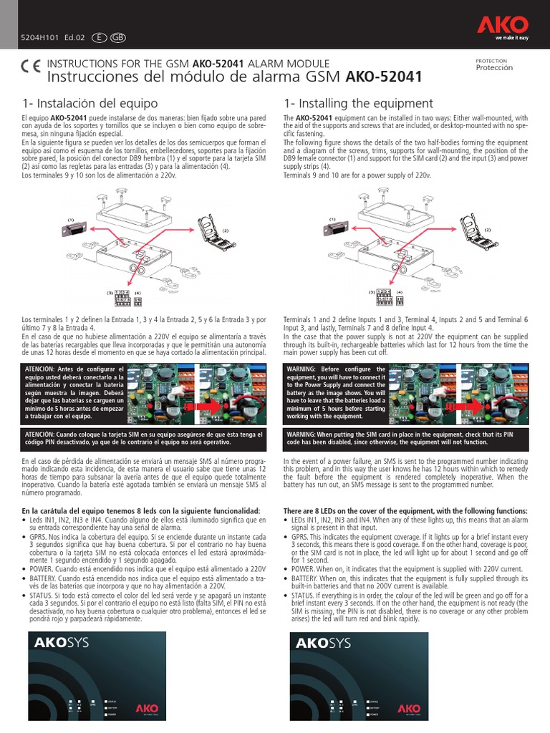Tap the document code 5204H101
tap(34, 37)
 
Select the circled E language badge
tap(98, 37)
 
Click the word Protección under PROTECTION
tap(494, 68)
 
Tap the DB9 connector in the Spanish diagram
tap(76, 233)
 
